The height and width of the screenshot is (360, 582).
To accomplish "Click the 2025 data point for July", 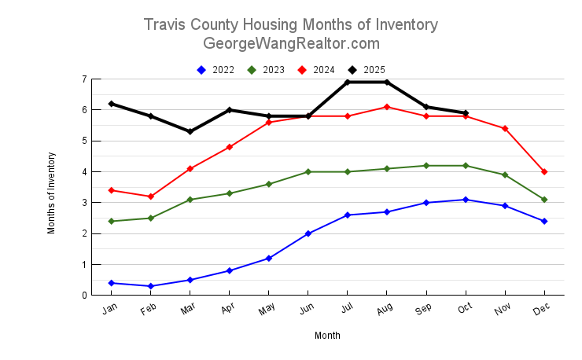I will (348, 82).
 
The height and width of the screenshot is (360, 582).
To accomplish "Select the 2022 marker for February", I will (151, 286).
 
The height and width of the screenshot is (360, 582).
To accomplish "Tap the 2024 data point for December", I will (544, 171).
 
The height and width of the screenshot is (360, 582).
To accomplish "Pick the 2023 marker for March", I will (190, 200).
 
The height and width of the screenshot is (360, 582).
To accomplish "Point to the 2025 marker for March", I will (190, 131).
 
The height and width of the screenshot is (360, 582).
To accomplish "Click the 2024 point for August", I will (387, 107).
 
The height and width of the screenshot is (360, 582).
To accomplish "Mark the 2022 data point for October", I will (466, 200).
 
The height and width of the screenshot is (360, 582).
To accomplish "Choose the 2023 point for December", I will (544, 200).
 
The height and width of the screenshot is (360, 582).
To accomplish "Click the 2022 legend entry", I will (215, 70).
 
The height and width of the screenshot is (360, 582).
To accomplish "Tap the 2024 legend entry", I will (316, 70).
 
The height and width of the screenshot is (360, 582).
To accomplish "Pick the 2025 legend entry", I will (367, 70).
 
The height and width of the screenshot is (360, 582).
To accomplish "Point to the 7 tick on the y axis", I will (83, 79).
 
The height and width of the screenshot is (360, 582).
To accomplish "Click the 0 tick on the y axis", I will (83, 296).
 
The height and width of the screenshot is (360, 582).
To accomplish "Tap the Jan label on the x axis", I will (110, 310).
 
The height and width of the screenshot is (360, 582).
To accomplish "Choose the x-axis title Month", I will (327, 336).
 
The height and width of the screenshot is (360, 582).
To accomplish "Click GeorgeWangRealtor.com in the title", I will (291, 43).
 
